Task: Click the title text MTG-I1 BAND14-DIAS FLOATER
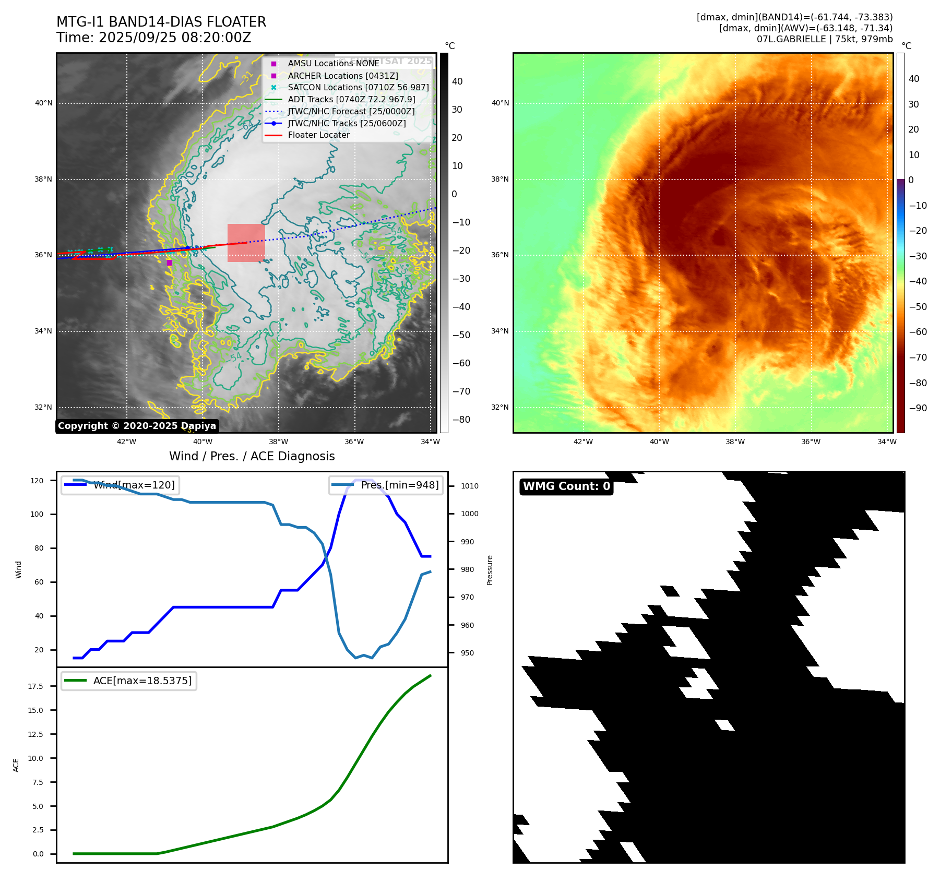point(161,22)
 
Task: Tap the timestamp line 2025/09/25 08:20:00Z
point(174,38)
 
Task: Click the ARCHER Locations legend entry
point(342,76)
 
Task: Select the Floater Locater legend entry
point(318,135)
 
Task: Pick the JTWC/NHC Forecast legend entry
point(351,111)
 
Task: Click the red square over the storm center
point(246,243)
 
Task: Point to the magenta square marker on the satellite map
point(169,263)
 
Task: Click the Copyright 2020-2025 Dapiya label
point(137,426)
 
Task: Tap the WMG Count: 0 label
point(566,486)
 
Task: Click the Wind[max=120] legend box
point(120,485)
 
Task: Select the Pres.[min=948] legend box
point(386,485)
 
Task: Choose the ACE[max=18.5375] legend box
point(129,681)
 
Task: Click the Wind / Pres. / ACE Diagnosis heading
point(252,456)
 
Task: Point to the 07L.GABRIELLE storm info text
point(825,39)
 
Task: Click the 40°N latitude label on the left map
point(44,103)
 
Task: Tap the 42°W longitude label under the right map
point(583,442)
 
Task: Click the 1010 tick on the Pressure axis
point(469,486)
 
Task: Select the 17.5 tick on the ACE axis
point(35,686)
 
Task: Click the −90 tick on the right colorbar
point(918,408)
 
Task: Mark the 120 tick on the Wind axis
point(37,481)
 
